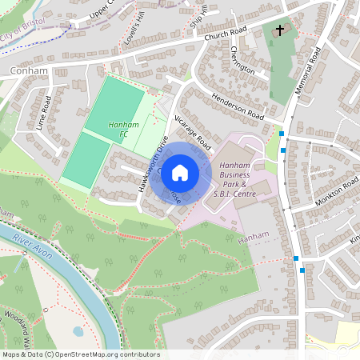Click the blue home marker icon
tap(180, 173)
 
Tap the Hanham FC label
tap(118, 128)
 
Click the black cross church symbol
tap(280, 31)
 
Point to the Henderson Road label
tap(238, 106)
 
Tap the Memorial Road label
tap(307, 73)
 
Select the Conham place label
tap(30, 70)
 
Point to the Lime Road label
tap(45, 114)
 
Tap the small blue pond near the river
tap(78, 330)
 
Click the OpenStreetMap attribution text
tap(80, 354)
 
